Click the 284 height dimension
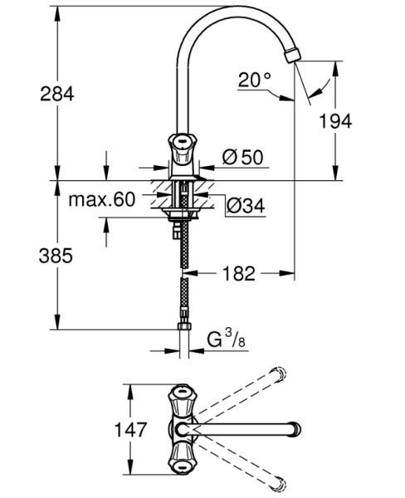click(x=57, y=94)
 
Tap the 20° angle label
click(x=255, y=80)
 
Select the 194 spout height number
click(x=335, y=121)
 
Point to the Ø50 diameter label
click(x=243, y=157)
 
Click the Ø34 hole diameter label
click(x=246, y=206)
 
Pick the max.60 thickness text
click(x=102, y=199)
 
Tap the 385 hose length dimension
click(x=56, y=256)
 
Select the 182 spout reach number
click(x=238, y=273)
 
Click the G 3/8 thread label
click(x=227, y=339)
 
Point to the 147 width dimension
click(x=130, y=429)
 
